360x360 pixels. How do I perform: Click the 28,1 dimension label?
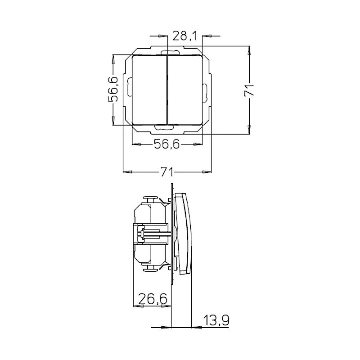(x=184, y=36)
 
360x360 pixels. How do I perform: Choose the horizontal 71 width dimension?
(x=167, y=172)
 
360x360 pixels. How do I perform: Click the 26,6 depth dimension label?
(x=153, y=299)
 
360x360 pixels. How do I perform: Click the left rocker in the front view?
(x=149, y=89)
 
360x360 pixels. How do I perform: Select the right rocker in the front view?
(x=185, y=89)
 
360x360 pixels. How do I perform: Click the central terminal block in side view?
(x=144, y=234)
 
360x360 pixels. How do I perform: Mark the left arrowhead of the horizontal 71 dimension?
(x=126, y=172)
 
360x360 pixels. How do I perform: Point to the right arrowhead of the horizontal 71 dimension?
(x=208, y=172)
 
